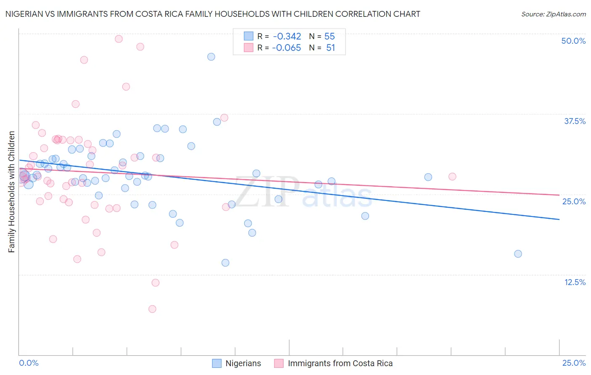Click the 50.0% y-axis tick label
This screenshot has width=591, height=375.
(573, 41)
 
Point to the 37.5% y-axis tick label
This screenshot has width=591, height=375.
(575, 121)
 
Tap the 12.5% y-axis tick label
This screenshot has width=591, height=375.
(575, 282)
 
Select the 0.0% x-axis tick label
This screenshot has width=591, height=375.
(29, 363)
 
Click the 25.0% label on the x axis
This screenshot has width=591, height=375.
(574, 363)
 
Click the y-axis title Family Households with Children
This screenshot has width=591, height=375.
(11, 192)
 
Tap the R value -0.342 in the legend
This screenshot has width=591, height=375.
(287, 37)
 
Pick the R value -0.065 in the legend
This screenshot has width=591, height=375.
(287, 48)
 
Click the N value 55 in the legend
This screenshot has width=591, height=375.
(330, 37)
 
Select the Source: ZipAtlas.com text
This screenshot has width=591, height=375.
(553, 14)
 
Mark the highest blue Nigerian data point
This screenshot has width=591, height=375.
(211, 57)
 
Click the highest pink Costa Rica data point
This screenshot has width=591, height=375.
(119, 39)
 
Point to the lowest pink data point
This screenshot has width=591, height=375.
(152, 309)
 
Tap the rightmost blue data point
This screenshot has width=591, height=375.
(518, 254)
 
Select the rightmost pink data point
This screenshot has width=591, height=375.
(452, 177)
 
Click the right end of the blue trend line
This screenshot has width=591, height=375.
(559, 219)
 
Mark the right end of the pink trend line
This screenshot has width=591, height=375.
(559, 195)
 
